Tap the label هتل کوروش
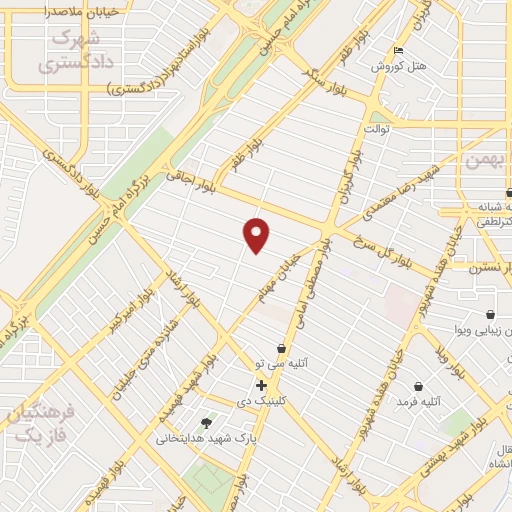click(399, 66)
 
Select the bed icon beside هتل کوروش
click(400, 51)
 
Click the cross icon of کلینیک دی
click(261, 385)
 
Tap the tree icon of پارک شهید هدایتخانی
click(206, 424)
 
